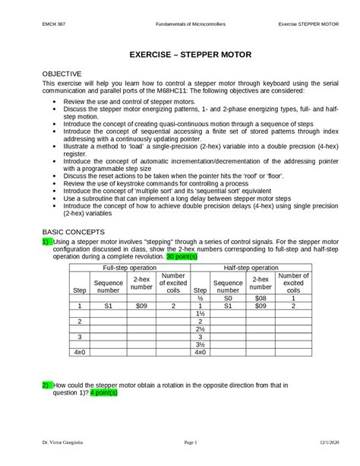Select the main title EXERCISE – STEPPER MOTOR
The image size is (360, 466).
pos(179,56)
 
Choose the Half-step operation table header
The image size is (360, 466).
pos(254,268)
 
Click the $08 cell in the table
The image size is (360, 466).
pos(260,299)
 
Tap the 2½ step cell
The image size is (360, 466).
pos(201,329)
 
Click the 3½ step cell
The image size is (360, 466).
pos(201,344)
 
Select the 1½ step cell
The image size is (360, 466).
pos(201,314)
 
